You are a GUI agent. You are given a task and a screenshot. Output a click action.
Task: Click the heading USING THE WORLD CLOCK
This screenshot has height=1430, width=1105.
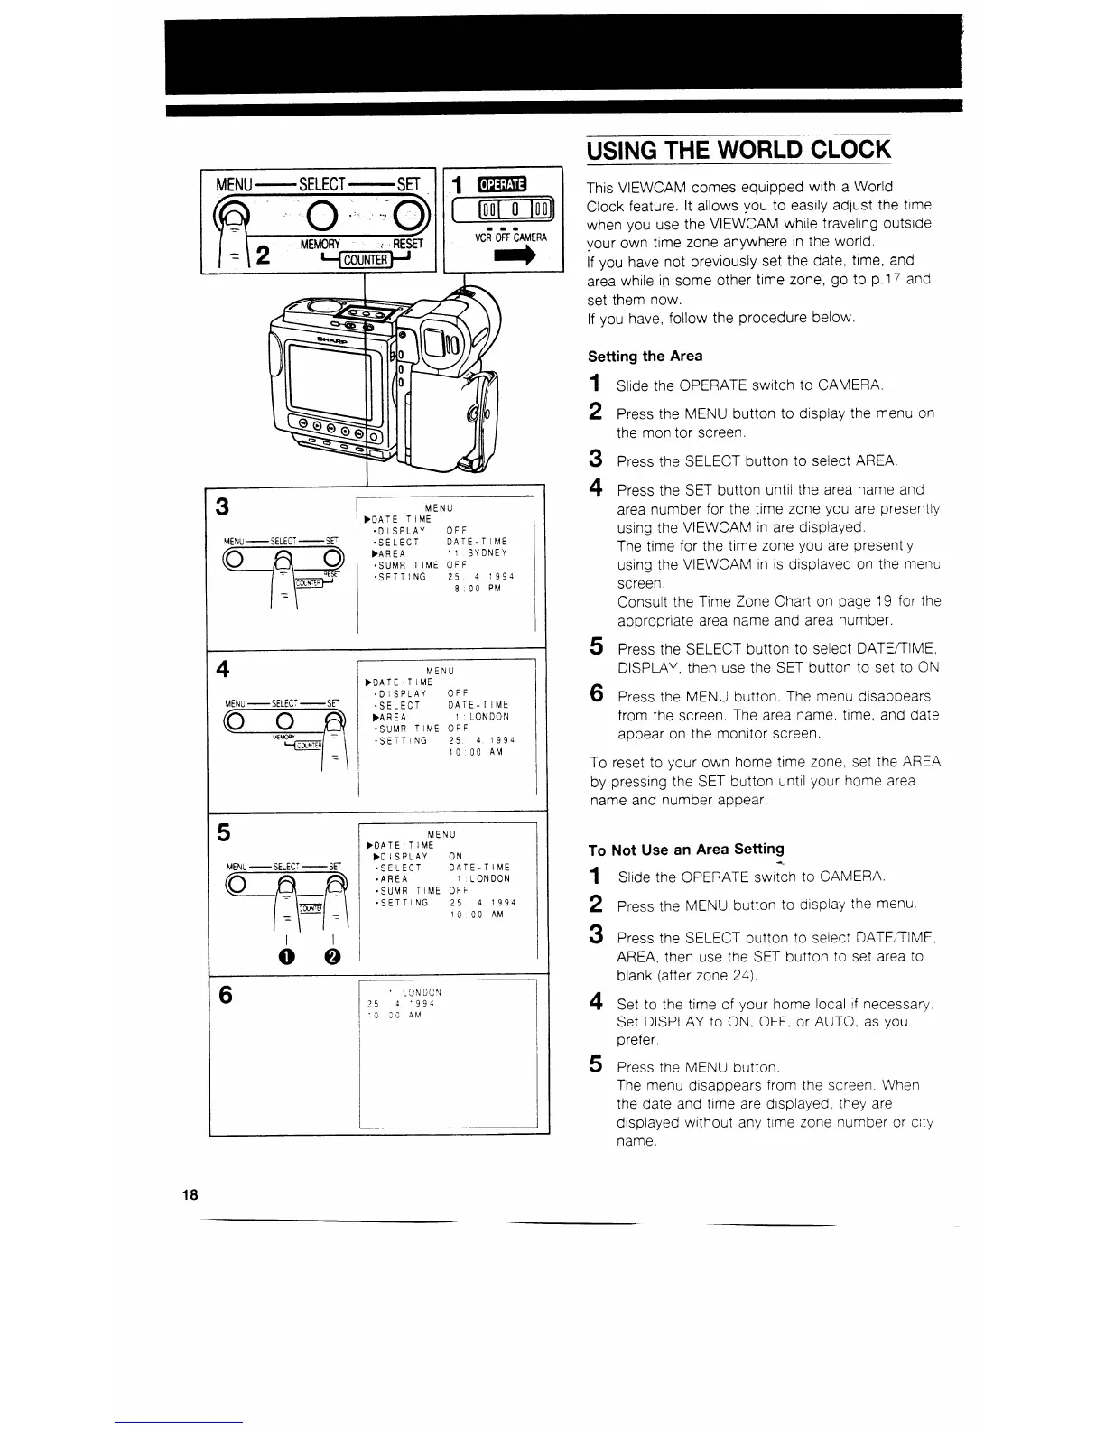coord(738,148)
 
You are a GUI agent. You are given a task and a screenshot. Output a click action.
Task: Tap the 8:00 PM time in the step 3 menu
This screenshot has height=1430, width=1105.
coord(478,589)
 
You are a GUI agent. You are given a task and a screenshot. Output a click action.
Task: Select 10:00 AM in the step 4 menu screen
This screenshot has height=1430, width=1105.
coord(478,752)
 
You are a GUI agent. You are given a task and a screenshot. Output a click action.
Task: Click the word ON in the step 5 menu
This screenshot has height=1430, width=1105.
coord(455,856)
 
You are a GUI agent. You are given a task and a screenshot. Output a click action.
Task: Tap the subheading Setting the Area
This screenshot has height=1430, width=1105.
coord(645,357)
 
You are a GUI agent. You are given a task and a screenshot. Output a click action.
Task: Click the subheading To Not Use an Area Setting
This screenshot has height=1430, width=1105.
coord(685,850)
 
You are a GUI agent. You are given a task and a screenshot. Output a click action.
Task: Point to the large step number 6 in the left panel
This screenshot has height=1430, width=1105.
coord(226,995)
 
